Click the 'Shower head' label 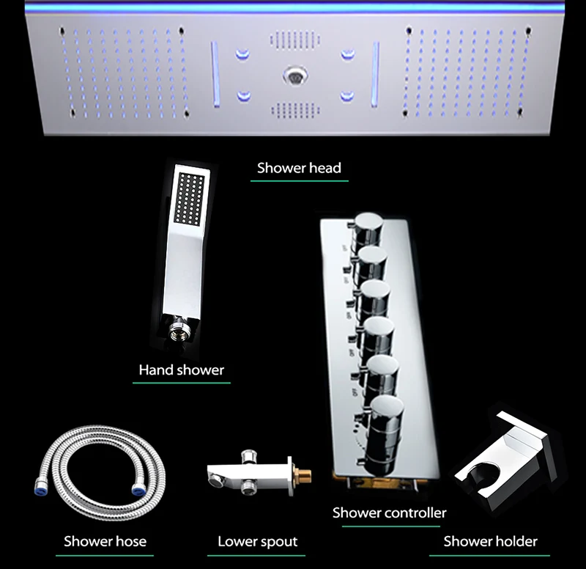[x=299, y=168]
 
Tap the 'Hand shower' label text [x=181, y=370]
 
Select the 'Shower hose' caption [x=105, y=541]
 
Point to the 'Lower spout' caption [x=258, y=541]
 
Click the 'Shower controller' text [x=390, y=513]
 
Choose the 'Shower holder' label [x=490, y=541]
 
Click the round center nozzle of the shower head [x=295, y=76]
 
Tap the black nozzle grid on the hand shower [x=190, y=198]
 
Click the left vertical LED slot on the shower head [x=215, y=74]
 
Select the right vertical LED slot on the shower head [x=375, y=74]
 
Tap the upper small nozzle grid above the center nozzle [x=295, y=39]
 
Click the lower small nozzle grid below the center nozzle [x=295, y=111]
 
